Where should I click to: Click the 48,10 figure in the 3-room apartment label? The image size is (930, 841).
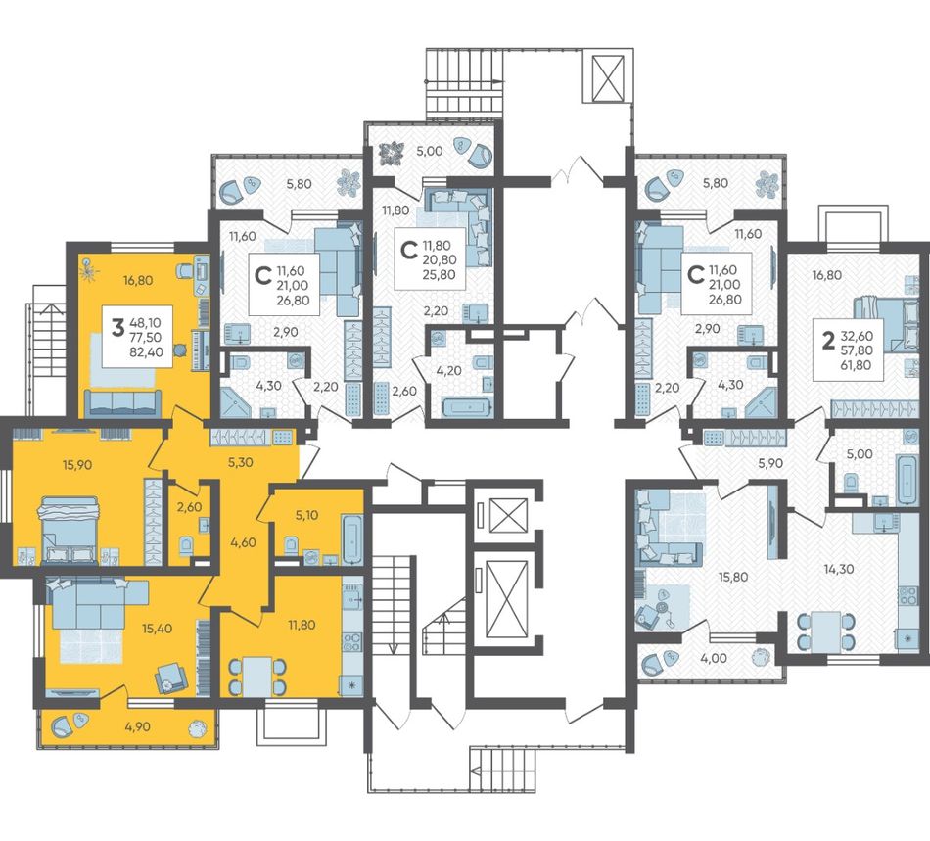(x=142, y=323)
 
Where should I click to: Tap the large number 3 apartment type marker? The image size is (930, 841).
(x=118, y=327)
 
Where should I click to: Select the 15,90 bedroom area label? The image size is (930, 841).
(x=77, y=465)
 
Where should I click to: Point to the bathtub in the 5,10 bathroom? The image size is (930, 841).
(x=351, y=539)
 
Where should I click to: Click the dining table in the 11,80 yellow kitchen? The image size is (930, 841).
(x=257, y=676)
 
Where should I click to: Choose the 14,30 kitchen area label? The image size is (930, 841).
(x=839, y=569)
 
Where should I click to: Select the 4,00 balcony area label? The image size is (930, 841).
(x=714, y=658)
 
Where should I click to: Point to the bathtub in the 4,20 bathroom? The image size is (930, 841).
(x=467, y=408)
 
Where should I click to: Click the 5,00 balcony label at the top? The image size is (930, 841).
(x=430, y=151)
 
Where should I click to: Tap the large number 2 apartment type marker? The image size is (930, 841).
(x=828, y=341)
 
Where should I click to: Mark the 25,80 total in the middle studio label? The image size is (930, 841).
(x=439, y=274)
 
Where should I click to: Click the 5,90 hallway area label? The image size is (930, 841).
(x=770, y=464)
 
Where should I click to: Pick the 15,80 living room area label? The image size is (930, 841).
(x=733, y=577)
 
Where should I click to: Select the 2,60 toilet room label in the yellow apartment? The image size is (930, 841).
(x=189, y=507)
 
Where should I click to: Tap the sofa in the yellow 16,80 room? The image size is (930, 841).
(x=122, y=401)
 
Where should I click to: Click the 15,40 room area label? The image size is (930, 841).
(x=158, y=629)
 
